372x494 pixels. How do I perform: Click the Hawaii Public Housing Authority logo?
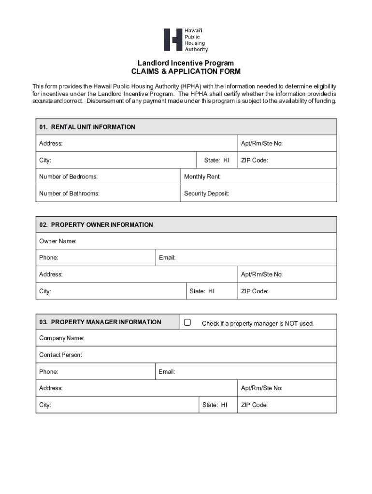pyautogui.click(x=186, y=40)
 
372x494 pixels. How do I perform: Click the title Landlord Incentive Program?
pyautogui.click(x=186, y=63)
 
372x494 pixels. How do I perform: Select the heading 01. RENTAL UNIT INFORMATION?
pyautogui.click(x=87, y=127)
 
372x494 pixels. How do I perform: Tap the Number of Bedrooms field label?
pyautogui.click(x=68, y=177)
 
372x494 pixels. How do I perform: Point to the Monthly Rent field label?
pyautogui.click(x=202, y=177)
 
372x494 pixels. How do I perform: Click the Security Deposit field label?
pyautogui.click(x=206, y=193)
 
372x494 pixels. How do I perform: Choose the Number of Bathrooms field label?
pyautogui.click(x=69, y=193)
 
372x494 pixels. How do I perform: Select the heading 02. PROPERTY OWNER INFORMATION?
pyautogui.click(x=96, y=225)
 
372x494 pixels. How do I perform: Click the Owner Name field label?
pyautogui.click(x=57, y=241)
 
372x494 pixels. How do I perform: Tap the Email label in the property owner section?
pyautogui.click(x=167, y=258)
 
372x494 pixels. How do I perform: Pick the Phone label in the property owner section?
pyautogui.click(x=48, y=258)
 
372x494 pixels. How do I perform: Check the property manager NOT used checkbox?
pyautogui.click(x=187, y=322)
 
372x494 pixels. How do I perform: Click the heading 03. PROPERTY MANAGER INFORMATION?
pyautogui.click(x=100, y=322)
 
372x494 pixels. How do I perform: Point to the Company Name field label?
pyautogui.click(x=61, y=338)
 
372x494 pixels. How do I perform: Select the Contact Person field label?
pyautogui.click(x=60, y=355)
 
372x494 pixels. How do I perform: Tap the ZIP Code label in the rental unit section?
pyautogui.click(x=255, y=160)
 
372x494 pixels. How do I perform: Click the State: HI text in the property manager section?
pyautogui.click(x=215, y=405)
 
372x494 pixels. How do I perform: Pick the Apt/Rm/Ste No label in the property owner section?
pyautogui.click(x=262, y=274)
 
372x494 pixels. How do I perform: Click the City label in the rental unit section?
pyautogui.click(x=45, y=160)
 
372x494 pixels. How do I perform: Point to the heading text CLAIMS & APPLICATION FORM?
pyautogui.click(x=186, y=71)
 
